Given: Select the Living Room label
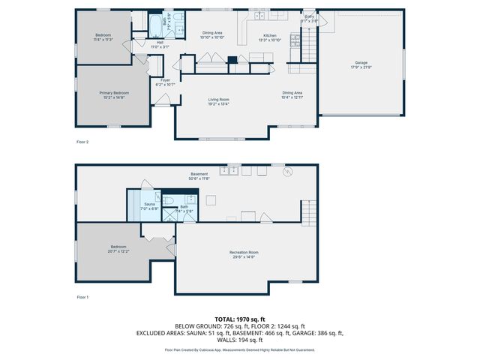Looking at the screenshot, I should pos(218,101).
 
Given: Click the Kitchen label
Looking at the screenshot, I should pos(269,37).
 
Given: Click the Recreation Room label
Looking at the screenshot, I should pos(244,253).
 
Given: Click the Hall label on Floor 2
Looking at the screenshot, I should pos(160,44).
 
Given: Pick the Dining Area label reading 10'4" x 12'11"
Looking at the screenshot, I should pos(292,94).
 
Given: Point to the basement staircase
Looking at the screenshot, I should pos(307,209).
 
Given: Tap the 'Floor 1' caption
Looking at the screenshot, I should pos(82,298).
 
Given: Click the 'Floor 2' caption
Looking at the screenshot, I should pos(82,141).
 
